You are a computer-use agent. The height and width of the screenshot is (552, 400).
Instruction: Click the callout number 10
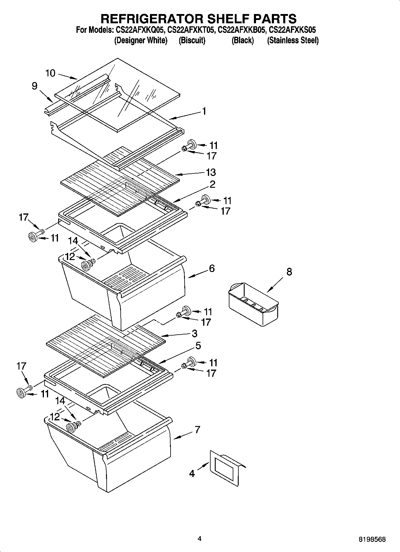click(x=50, y=73)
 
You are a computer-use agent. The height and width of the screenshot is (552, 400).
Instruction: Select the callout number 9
click(x=35, y=86)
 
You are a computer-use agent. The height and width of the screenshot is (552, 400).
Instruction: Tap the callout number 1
click(x=204, y=111)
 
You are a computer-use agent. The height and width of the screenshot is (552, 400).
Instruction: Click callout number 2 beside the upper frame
click(x=212, y=184)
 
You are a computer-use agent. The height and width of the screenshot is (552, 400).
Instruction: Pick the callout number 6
click(x=212, y=268)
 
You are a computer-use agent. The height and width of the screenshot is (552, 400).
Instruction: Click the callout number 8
click(x=289, y=272)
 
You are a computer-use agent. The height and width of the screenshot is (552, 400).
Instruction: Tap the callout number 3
click(x=194, y=333)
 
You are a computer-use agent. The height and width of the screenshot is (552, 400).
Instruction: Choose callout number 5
click(x=198, y=346)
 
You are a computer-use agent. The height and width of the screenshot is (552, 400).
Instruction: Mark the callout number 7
click(x=197, y=430)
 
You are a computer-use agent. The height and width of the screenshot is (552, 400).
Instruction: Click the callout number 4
click(x=192, y=473)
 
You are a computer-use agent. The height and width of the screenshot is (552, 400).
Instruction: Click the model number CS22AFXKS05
click(x=292, y=30)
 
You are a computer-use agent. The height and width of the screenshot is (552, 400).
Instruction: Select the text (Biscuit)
click(x=192, y=40)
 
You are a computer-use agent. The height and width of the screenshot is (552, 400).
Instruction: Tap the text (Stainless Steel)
click(x=293, y=40)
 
